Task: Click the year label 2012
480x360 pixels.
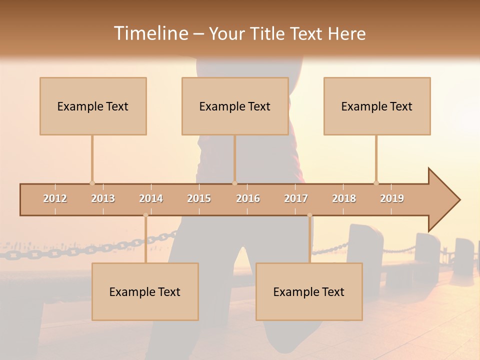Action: pyautogui.click(x=55, y=198)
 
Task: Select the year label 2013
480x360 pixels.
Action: pyautogui.click(x=103, y=198)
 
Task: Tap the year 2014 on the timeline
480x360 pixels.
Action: pyautogui.click(x=151, y=198)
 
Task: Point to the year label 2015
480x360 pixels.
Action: pyautogui.click(x=199, y=198)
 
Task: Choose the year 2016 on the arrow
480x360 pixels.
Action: pyautogui.click(x=248, y=198)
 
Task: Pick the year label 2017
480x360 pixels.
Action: pyautogui.click(x=296, y=198)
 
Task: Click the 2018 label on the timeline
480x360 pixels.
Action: pyautogui.click(x=344, y=198)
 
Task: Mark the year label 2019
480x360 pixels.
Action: pyautogui.click(x=392, y=198)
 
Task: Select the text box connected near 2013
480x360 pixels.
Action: pyautogui.click(x=93, y=106)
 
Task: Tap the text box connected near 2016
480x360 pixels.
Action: pyautogui.click(x=235, y=106)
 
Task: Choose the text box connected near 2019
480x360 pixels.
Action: pyautogui.click(x=377, y=106)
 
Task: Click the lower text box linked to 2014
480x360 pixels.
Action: pyautogui.click(x=145, y=291)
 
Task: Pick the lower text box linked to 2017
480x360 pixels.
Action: pyautogui.click(x=309, y=291)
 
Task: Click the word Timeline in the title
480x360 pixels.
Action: pyautogui.click(x=150, y=33)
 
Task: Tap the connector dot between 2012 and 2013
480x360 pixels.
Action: pyautogui.click(x=92, y=183)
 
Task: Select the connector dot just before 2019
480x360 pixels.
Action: pyautogui.click(x=376, y=183)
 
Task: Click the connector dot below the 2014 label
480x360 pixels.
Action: pyautogui.click(x=145, y=215)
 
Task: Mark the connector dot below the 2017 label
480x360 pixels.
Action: pyautogui.click(x=309, y=215)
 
